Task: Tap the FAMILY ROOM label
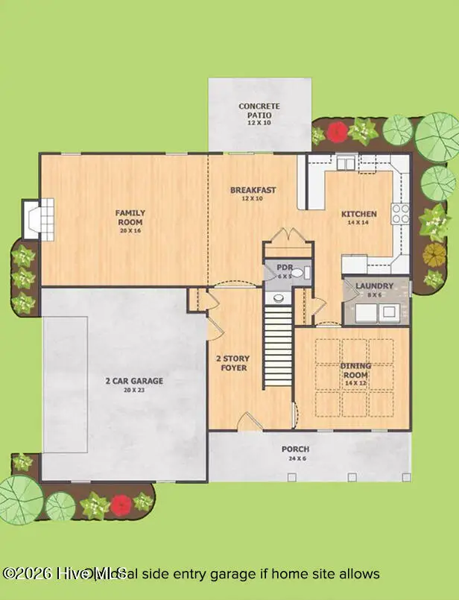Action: pos(130,217)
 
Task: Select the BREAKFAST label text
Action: pos(253,190)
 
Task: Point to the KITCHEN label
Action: pos(359,215)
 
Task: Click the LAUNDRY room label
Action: pos(374,285)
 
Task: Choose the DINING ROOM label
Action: pos(355,370)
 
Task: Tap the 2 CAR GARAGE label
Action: pos(134,381)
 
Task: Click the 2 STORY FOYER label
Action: pos(231,363)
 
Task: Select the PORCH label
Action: pos(295,449)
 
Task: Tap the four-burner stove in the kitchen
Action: pos(400,214)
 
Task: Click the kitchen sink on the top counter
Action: pos(347,162)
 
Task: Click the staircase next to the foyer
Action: pos(278,349)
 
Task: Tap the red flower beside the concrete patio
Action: pos(338,133)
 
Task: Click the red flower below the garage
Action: pos(122,505)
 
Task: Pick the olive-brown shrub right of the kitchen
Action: pos(434,255)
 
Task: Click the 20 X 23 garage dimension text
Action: pos(134,390)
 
